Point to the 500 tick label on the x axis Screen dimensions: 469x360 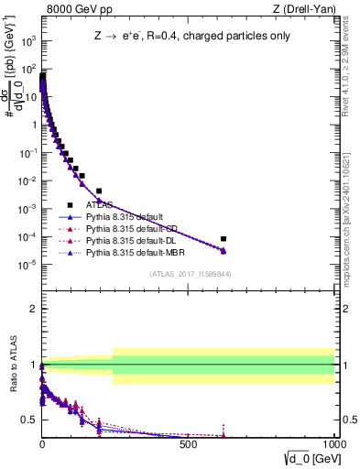click(188, 446)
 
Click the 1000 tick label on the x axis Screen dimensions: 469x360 click(331, 446)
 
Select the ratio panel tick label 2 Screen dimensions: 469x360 click(32, 309)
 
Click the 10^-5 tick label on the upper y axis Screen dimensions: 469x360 click(28, 265)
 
